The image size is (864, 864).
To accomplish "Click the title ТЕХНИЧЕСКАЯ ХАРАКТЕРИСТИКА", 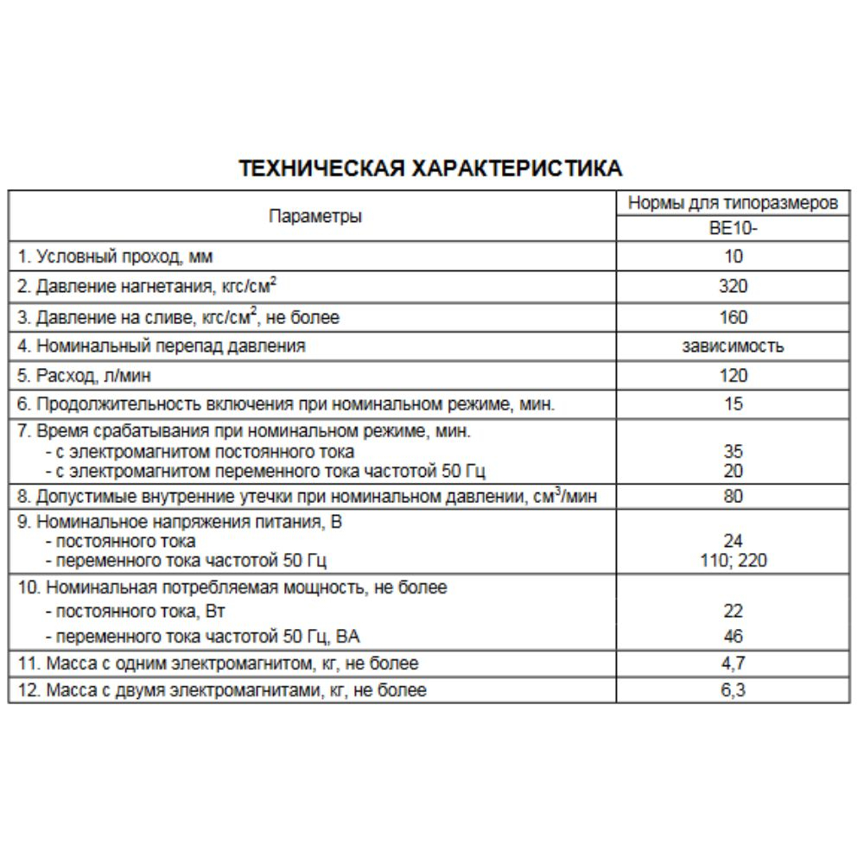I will pyautogui.click(x=429, y=168).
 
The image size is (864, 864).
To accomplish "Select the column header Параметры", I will pyautogui.click(x=315, y=216).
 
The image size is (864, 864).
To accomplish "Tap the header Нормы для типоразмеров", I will pyautogui.click(x=732, y=204).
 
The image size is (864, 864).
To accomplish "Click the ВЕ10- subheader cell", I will pyautogui.click(x=733, y=230).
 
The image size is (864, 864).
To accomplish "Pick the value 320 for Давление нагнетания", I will pyautogui.click(x=733, y=287).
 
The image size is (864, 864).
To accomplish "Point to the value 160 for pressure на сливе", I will pyautogui.click(x=733, y=317).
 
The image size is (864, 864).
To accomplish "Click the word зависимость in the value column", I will pyautogui.click(x=733, y=346).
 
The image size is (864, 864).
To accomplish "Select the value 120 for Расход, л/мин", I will pyautogui.click(x=733, y=376).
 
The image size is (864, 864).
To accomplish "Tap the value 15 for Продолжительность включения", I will pyautogui.click(x=733, y=404).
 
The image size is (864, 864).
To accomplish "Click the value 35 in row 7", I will pyautogui.click(x=733, y=451).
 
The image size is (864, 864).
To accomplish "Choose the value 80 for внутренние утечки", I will pyautogui.click(x=733, y=497).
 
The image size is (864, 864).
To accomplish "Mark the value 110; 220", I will pyautogui.click(x=733, y=561).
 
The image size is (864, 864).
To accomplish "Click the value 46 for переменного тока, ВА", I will pyautogui.click(x=733, y=637).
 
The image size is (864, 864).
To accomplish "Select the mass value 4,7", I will pyautogui.click(x=733, y=664).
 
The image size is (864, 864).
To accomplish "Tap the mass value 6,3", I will pyautogui.click(x=733, y=690).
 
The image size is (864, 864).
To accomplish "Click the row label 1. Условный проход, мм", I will pyautogui.click(x=115, y=257).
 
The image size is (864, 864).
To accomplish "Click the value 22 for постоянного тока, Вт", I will pyautogui.click(x=733, y=611).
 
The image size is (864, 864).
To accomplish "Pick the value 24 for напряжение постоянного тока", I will pyautogui.click(x=733, y=542).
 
